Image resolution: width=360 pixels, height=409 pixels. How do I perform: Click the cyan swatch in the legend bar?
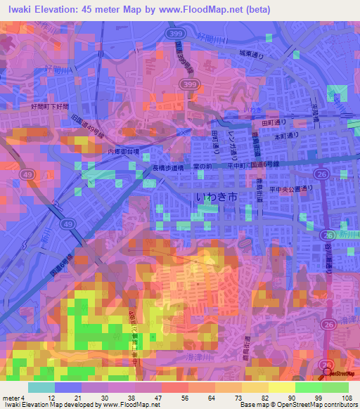click(x=41, y=387)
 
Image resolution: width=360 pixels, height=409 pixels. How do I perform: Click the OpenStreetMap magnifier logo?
click(x=328, y=373)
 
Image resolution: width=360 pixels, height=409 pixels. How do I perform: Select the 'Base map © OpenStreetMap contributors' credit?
click(x=298, y=405)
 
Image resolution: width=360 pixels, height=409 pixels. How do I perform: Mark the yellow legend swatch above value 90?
click(x=281, y=387)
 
